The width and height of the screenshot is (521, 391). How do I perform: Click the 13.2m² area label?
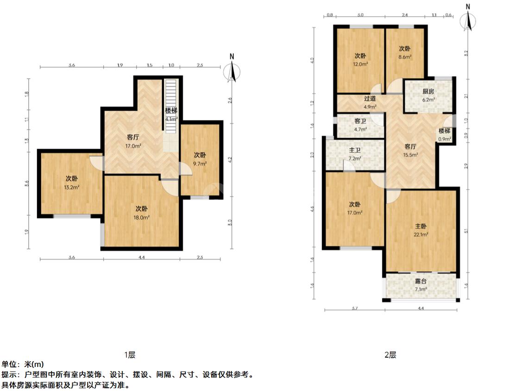coord(72,187)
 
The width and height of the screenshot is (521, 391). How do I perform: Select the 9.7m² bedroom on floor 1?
coord(200,159)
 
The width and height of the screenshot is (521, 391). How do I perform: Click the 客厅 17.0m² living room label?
coord(133,141)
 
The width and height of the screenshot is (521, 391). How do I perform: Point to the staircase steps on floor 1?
coord(171,93)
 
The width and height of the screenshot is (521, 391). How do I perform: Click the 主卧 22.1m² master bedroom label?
coord(421,230)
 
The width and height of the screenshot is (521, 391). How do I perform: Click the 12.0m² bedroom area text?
coord(361,64)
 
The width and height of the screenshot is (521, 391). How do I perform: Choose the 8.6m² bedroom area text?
coord(405,57)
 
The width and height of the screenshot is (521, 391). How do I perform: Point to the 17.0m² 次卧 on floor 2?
coord(355,208)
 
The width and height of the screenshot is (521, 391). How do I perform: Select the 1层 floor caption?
coord(130,355)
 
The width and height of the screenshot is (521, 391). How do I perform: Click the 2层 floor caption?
coord(390,355)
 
